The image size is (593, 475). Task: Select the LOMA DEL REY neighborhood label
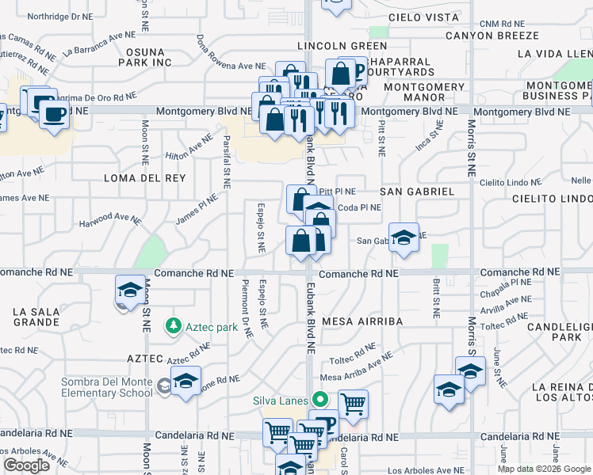[144, 178]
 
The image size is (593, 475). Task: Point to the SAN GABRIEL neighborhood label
[416, 192]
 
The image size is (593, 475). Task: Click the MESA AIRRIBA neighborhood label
[362, 321]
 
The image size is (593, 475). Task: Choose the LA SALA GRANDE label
[36, 317]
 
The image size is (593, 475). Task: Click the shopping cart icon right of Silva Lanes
[353, 404]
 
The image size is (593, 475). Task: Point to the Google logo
[25, 465]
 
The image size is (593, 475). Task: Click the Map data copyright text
[544, 469]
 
